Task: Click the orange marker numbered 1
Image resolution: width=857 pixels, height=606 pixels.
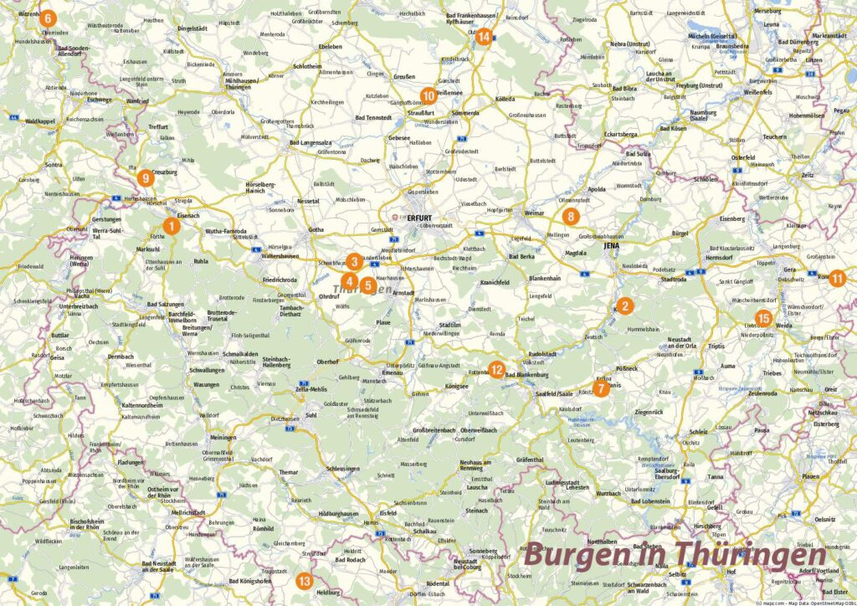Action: [171, 225]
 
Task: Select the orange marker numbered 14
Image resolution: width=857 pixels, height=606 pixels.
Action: [483, 36]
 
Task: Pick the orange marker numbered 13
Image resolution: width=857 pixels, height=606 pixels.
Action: [305, 581]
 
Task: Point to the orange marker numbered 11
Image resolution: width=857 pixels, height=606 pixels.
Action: [837, 279]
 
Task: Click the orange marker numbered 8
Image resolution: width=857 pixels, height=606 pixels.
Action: [570, 217]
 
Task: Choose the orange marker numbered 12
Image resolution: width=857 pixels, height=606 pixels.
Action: [496, 369]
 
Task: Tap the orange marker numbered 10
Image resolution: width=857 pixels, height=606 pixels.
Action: [428, 95]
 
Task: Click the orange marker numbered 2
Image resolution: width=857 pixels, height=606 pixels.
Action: [624, 306]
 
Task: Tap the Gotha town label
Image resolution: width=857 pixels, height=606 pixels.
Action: [316, 229]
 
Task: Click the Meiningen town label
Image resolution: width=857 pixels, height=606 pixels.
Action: [223, 438]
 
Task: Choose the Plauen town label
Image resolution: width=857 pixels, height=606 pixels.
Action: [810, 476]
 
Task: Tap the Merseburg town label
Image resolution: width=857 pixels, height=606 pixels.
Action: [768, 11]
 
